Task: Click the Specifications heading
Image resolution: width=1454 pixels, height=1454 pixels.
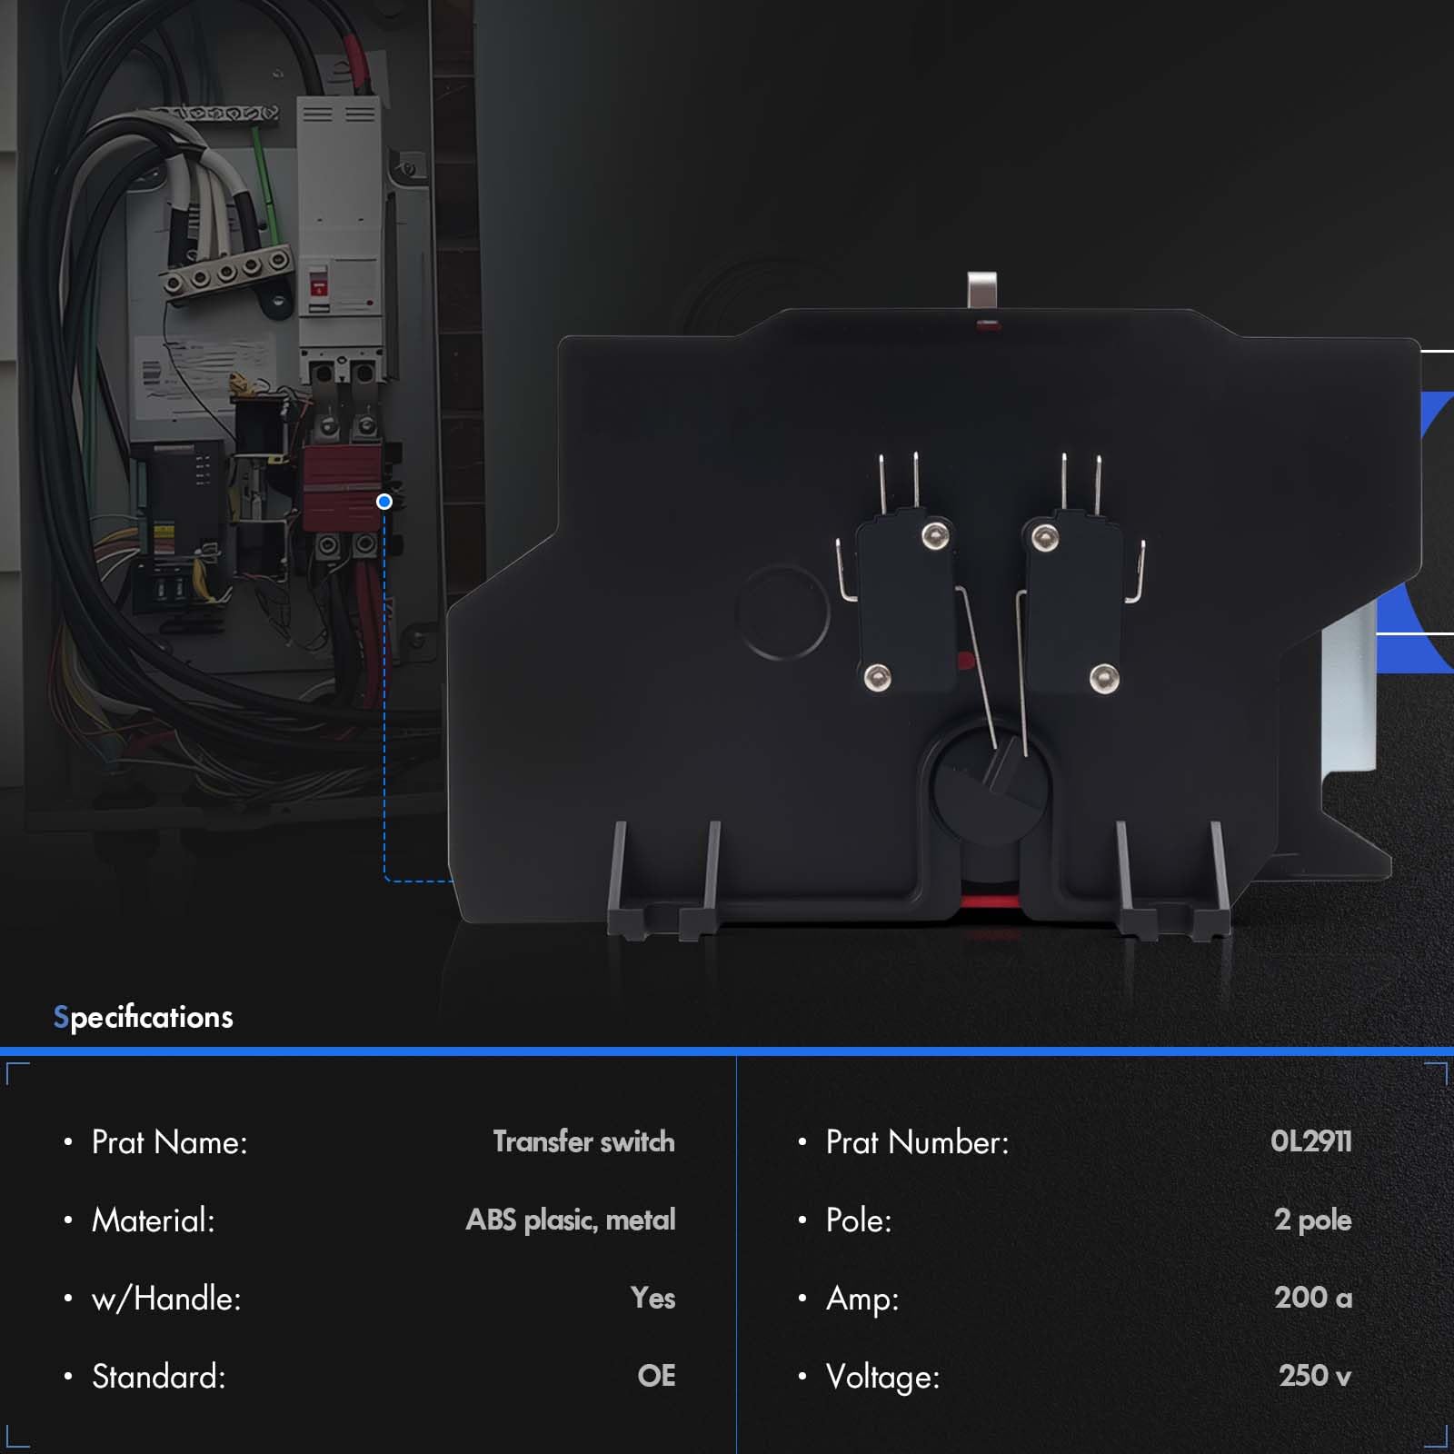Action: [144, 1017]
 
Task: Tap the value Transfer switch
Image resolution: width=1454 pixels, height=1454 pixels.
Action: [583, 1141]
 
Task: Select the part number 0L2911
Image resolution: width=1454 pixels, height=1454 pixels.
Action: [1310, 1141]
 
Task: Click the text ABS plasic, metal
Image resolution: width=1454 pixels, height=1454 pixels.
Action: [571, 1220]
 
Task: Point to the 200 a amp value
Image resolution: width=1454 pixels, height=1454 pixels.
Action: [1312, 1298]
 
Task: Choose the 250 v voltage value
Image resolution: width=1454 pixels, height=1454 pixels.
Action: [1314, 1376]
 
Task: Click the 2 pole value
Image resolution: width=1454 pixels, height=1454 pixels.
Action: [1312, 1220]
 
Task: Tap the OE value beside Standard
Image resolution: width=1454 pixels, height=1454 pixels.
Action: [656, 1376]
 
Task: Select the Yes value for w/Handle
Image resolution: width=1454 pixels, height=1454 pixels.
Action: [652, 1298]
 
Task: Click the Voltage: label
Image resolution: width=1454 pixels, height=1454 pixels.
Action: [882, 1377]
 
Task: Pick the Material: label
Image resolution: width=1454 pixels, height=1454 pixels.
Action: [154, 1220]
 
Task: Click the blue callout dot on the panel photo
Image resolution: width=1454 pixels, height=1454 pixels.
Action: [384, 502]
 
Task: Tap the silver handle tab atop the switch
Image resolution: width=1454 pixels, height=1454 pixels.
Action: [982, 291]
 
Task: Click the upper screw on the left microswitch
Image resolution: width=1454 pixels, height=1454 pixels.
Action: [932, 536]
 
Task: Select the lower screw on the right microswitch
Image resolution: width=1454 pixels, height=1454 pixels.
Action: [1103, 677]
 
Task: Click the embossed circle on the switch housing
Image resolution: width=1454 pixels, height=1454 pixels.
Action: [782, 611]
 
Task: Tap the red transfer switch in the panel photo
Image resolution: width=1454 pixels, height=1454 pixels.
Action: [342, 486]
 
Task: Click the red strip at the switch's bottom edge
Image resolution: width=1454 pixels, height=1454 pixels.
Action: [990, 901]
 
